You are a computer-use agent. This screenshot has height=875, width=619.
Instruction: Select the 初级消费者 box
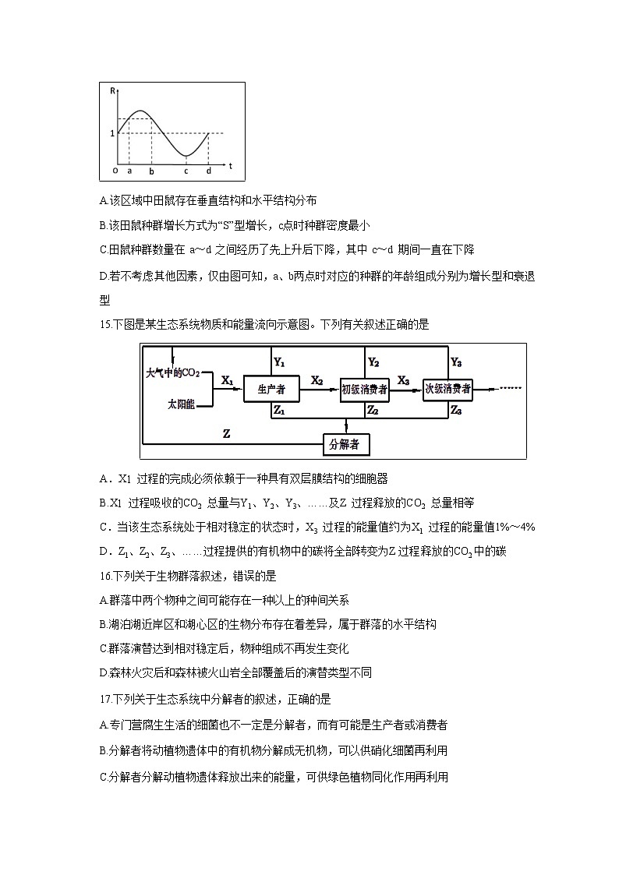(x=364, y=389)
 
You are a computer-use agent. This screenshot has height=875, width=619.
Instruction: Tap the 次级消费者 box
(x=447, y=388)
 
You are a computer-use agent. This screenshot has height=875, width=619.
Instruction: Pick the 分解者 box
(x=346, y=444)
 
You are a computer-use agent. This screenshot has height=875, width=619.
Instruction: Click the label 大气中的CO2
(x=172, y=373)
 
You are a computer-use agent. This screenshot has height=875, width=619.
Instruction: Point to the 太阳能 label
(x=180, y=404)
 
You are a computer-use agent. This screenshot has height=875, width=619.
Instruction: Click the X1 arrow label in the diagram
(x=228, y=380)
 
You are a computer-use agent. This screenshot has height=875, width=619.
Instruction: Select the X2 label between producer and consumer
(x=317, y=380)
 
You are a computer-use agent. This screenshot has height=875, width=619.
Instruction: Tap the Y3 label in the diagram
(x=456, y=362)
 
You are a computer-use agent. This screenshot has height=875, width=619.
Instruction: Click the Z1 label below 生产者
(x=279, y=411)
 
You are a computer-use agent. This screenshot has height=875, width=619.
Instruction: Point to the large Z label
(x=226, y=432)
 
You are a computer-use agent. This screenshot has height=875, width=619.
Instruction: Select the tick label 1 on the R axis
(x=112, y=133)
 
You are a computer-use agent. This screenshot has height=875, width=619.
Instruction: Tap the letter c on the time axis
(x=186, y=171)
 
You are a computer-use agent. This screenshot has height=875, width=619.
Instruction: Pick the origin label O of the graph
(x=114, y=170)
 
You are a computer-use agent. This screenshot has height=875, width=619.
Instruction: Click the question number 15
(x=106, y=325)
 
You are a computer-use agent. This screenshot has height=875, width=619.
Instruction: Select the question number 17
(x=106, y=700)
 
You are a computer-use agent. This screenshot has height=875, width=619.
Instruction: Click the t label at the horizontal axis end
(x=231, y=165)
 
